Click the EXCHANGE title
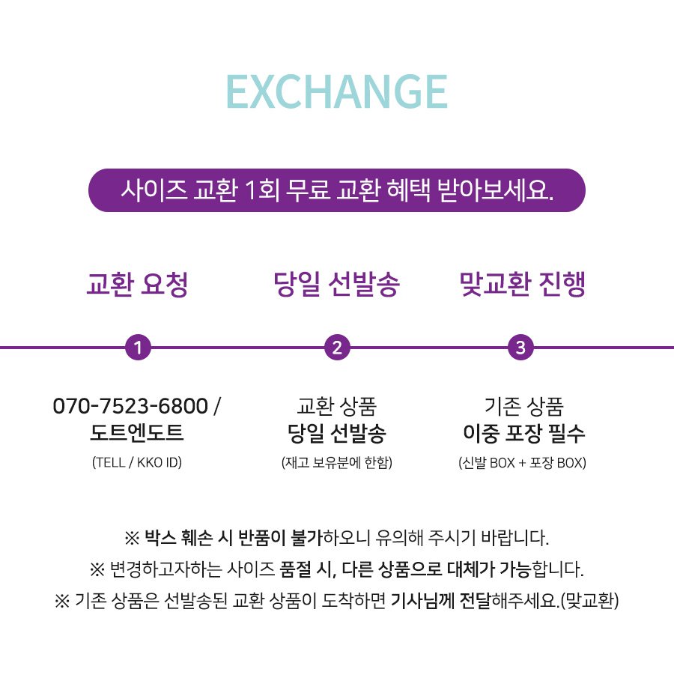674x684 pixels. [337, 91]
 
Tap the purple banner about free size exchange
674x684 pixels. [336, 190]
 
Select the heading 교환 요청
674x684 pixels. [137, 284]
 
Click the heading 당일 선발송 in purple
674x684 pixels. [336, 284]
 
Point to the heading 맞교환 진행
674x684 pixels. [522, 284]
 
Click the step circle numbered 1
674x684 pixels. [138, 348]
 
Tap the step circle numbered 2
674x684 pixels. [337, 348]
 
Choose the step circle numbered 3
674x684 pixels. [520, 348]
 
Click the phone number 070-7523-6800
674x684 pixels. [130, 406]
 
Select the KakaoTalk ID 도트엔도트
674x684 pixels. [137, 433]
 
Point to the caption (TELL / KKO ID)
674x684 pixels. [137, 462]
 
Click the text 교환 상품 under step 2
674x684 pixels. [336, 407]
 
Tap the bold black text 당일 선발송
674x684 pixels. [336, 433]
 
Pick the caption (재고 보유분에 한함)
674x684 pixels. [336, 462]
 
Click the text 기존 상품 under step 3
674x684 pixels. [523, 407]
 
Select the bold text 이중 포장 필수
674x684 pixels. [523, 433]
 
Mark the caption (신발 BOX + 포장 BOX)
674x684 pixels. [522, 462]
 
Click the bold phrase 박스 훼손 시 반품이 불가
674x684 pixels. [233, 537]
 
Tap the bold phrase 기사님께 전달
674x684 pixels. [441, 601]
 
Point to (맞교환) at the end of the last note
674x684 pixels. [589, 601]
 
